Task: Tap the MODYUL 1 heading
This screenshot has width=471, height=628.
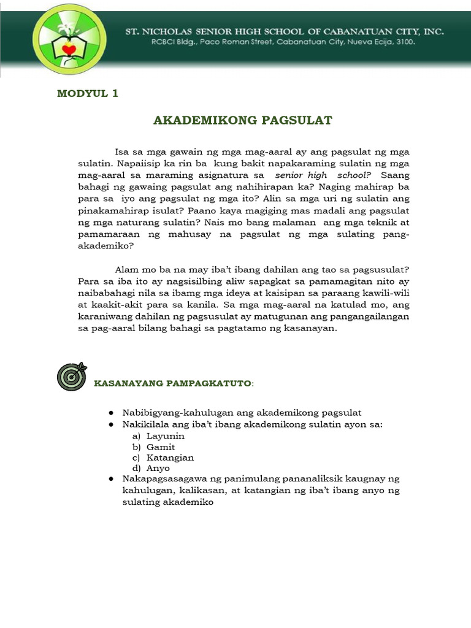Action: [x=87, y=94]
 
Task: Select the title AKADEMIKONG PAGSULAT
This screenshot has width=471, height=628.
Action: [x=242, y=120]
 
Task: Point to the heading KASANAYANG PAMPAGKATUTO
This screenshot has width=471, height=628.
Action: [x=172, y=383]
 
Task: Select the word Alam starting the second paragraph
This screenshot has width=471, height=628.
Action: [x=126, y=270]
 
